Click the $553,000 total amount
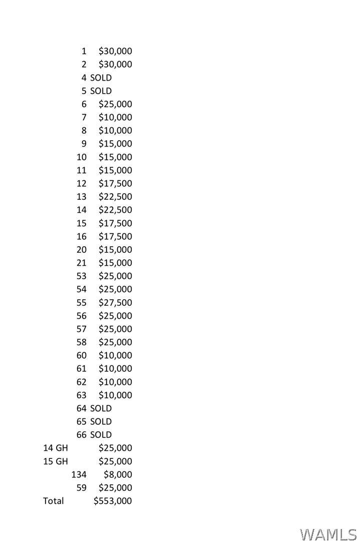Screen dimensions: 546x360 click(x=113, y=501)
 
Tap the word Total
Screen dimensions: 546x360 click(x=54, y=501)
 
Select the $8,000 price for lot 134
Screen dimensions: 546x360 click(x=118, y=474)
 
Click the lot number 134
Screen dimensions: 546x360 click(x=79, y=474)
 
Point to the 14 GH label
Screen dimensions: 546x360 click(x=56, y=448)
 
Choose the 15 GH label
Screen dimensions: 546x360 click(x=56, y=461)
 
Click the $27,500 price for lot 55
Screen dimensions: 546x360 click(x=115, y=303)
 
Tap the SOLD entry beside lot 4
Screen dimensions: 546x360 click(x=101, y=78)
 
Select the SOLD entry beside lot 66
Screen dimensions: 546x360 click(x=101, y=435)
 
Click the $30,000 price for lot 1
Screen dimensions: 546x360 click(x=115, y=51)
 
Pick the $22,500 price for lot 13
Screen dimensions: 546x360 click(x=115, y=197)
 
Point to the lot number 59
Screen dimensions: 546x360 click(x=82, y=488)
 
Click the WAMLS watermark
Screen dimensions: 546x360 click(x=328, y=534)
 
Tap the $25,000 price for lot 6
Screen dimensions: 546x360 click(x=115, y=104)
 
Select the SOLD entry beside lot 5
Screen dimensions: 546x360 click(x=101, y=91)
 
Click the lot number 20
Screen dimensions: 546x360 click(x=82, y=250)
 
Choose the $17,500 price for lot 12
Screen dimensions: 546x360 click(x=115, y=184)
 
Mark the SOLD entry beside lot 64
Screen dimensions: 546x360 click(x=101, y=408)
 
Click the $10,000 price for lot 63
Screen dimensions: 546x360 click(x=115, y=395)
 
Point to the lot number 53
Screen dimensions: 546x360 click(x=82, y=276)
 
